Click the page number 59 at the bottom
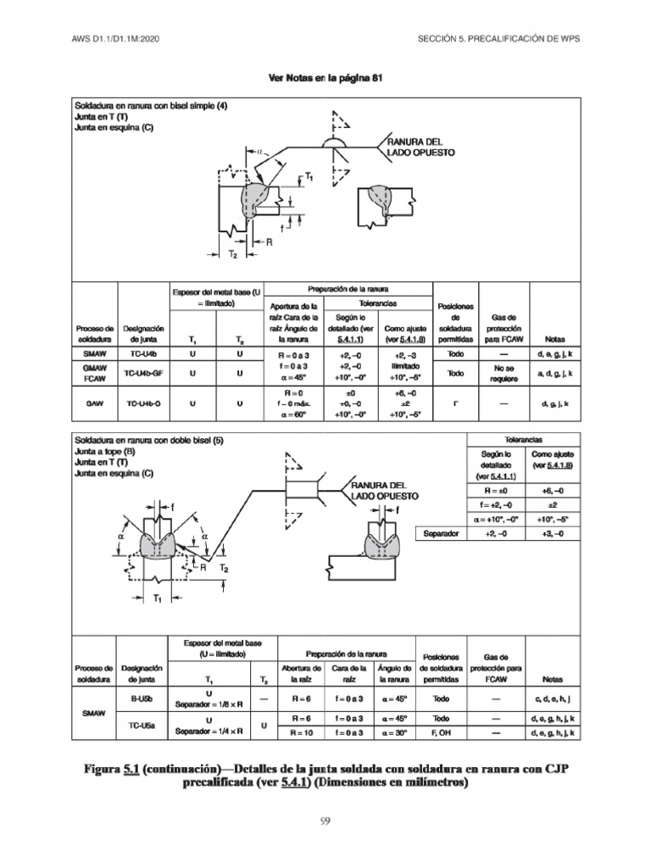(x=325, y=821)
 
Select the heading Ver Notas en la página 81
(x=325, y=78)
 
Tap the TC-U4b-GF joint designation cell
(x=143, y=373)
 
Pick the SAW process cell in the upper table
(x=93, y=404)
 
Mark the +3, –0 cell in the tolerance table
(x=552, y=534)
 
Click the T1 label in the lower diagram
(x=158, y=598)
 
